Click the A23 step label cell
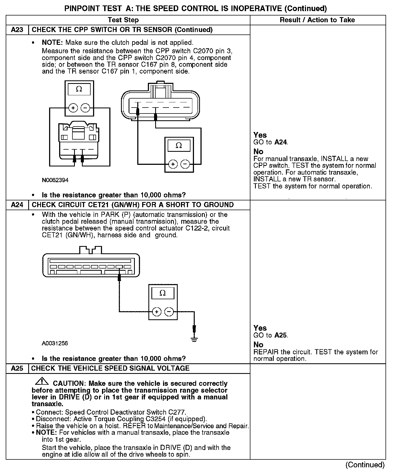click(17, 30)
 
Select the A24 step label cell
click(17, 205)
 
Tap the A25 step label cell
click(17, 368)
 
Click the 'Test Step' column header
click(123, 20)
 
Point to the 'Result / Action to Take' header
click(317, 20)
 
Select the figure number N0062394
click(55, 180)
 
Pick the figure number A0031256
click(55, 343)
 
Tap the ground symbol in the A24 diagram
click(194, 339)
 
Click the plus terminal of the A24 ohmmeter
click(157, 312)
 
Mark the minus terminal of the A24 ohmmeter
click(169, 312)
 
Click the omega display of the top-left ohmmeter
click(79, 89)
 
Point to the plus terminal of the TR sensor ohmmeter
click(173, 164)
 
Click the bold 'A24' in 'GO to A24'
click(281, 142)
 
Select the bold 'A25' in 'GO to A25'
click(281, 335)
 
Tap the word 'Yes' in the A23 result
click(260, 135)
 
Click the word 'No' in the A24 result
click(258, 345)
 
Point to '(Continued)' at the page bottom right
click(365, 465)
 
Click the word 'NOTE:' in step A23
click(53, 43)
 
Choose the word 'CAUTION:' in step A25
click(69, 383)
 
